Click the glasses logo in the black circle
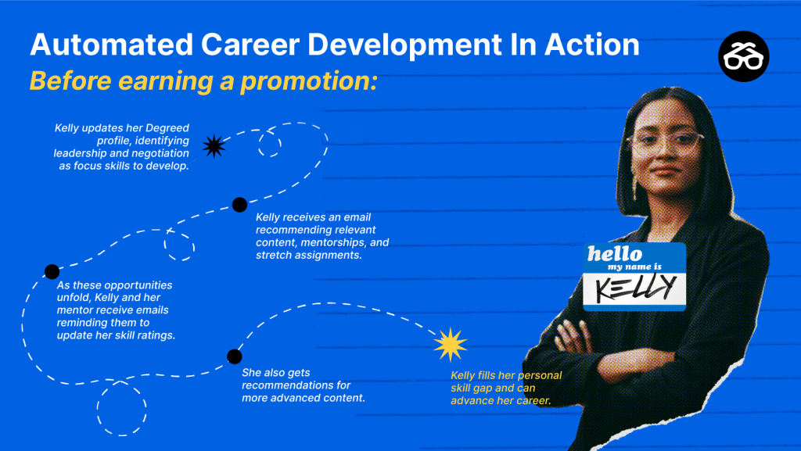coord(743,56)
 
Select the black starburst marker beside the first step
coord(214,146)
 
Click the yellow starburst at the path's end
coord(451,345)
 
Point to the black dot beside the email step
coord(239,205)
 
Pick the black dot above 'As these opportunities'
coord(52,271)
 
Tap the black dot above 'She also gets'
coord(235,356)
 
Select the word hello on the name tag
coord(615,253)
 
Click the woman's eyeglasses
coord(665,142)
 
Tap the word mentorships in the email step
coord(332,242)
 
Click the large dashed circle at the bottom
coord(121,408)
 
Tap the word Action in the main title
coord(591,45)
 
